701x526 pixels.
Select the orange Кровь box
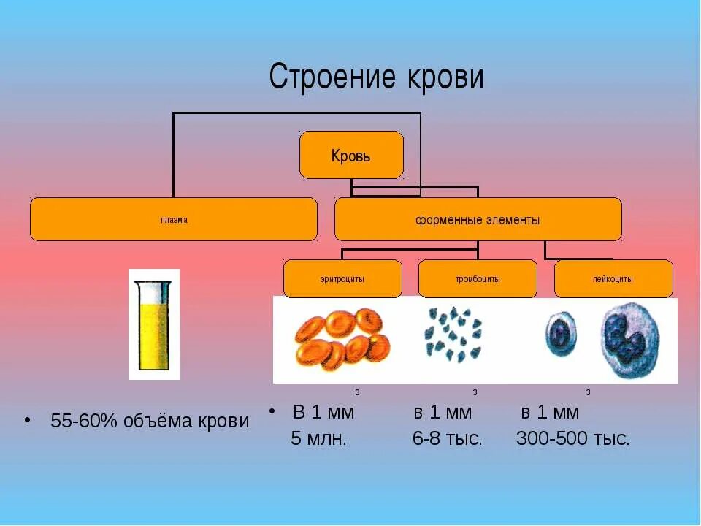(351, 155)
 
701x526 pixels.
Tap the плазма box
(174, 219)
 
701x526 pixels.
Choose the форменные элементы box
(478, 219)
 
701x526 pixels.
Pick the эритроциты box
(342, 278)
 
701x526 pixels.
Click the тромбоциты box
(478, 278)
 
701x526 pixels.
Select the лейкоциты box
(613, 278)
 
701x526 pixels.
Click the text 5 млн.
(318, 439)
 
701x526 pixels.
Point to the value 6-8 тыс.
(447, 439)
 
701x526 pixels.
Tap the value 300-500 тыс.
(572, 439)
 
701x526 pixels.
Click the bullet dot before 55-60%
(27, 421)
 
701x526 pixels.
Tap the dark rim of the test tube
(153, 282)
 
